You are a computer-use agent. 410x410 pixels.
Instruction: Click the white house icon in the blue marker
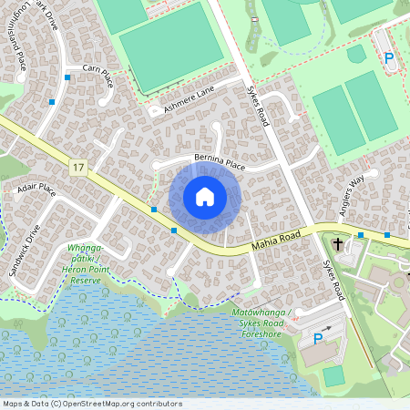pyautogui.click(x=205, y=197)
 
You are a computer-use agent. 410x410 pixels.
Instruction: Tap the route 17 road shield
pyautogui.click(x=80, y=166)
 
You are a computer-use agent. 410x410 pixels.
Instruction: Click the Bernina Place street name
pyautogui.click(x=214, y=162)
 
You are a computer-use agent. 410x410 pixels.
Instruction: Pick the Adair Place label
pyautogui.click(x=36, y=190)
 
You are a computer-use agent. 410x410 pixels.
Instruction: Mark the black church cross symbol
pyautogui.click(x=338, y=243)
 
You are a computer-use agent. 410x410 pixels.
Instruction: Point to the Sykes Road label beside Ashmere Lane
pyautogui.click(x=259, y=102)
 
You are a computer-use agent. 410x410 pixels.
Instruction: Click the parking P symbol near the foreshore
pyautogui.click(x=318, y=339)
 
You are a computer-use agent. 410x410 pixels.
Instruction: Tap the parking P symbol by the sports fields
pyautogui.click(x=389, y=58)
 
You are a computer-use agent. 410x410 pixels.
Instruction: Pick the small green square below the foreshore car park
pyautogui.click(x=333, y=375)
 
